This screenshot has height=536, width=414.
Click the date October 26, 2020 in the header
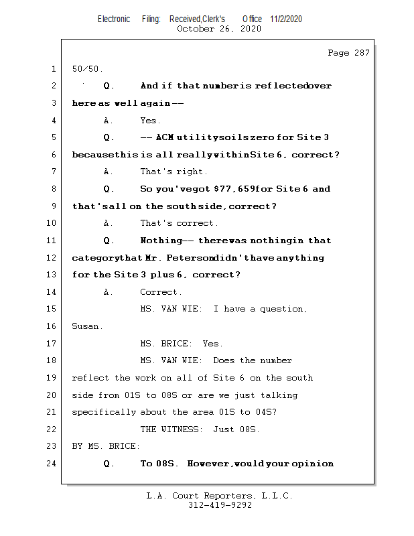219,29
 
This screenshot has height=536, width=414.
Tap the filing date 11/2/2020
286,19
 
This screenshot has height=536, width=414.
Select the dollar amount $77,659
228,189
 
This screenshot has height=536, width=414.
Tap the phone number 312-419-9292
220,505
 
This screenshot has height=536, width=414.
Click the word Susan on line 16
87,326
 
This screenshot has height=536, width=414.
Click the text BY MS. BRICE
106,446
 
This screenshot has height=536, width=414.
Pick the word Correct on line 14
159,292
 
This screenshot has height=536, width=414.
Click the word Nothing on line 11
161,241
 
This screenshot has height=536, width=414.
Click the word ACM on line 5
165,137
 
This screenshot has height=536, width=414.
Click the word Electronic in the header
114,19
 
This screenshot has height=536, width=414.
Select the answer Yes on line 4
149,121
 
